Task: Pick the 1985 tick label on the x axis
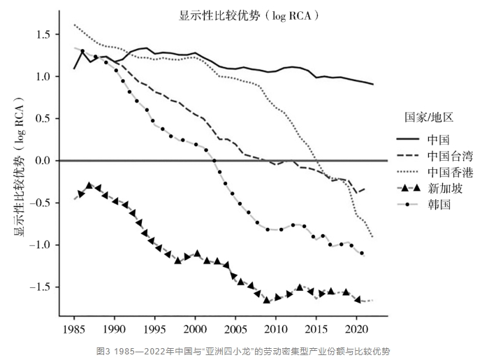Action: click(74, 328)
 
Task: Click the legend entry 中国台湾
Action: click(447, 155)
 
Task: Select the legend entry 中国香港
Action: click(447, 172)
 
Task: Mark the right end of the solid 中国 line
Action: click(373, 84)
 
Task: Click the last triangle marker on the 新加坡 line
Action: click(357, 299)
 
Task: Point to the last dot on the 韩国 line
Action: click(362, 253)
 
